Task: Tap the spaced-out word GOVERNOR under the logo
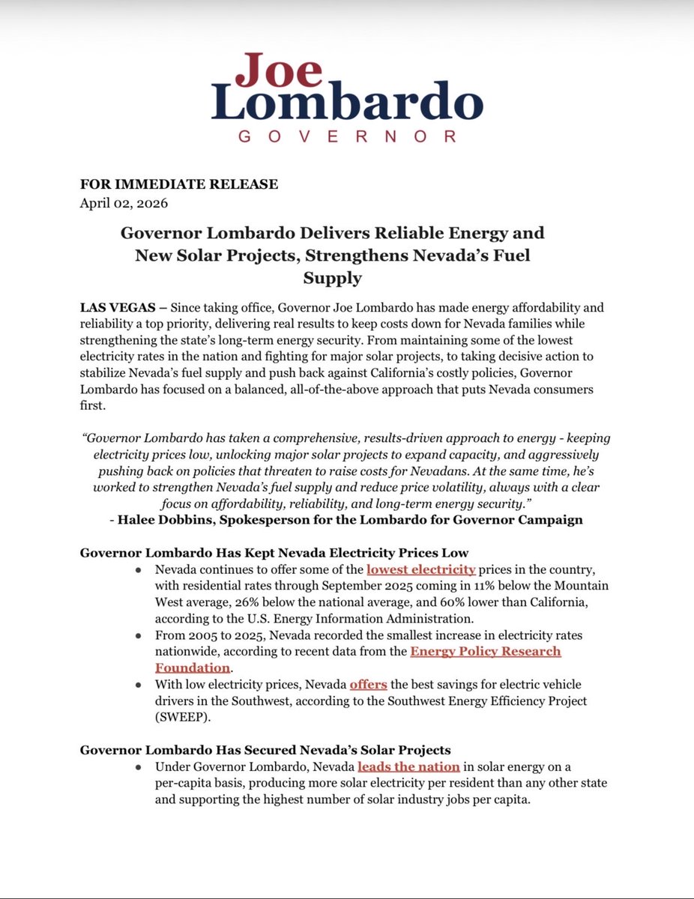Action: click(x=347, y=136)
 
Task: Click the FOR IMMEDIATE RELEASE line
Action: click(x=179, y=184)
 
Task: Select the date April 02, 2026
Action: click(x=124, y=202)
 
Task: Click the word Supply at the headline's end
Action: click(x=332, y=279)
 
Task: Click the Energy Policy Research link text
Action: click(x=485, y=651)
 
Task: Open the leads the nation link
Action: click(x=408, y=767)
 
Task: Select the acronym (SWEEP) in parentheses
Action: click(x=182, y=718)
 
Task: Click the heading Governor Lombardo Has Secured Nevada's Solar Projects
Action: click(x=265, y=749)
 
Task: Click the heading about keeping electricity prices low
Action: click(x=274, y=553)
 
